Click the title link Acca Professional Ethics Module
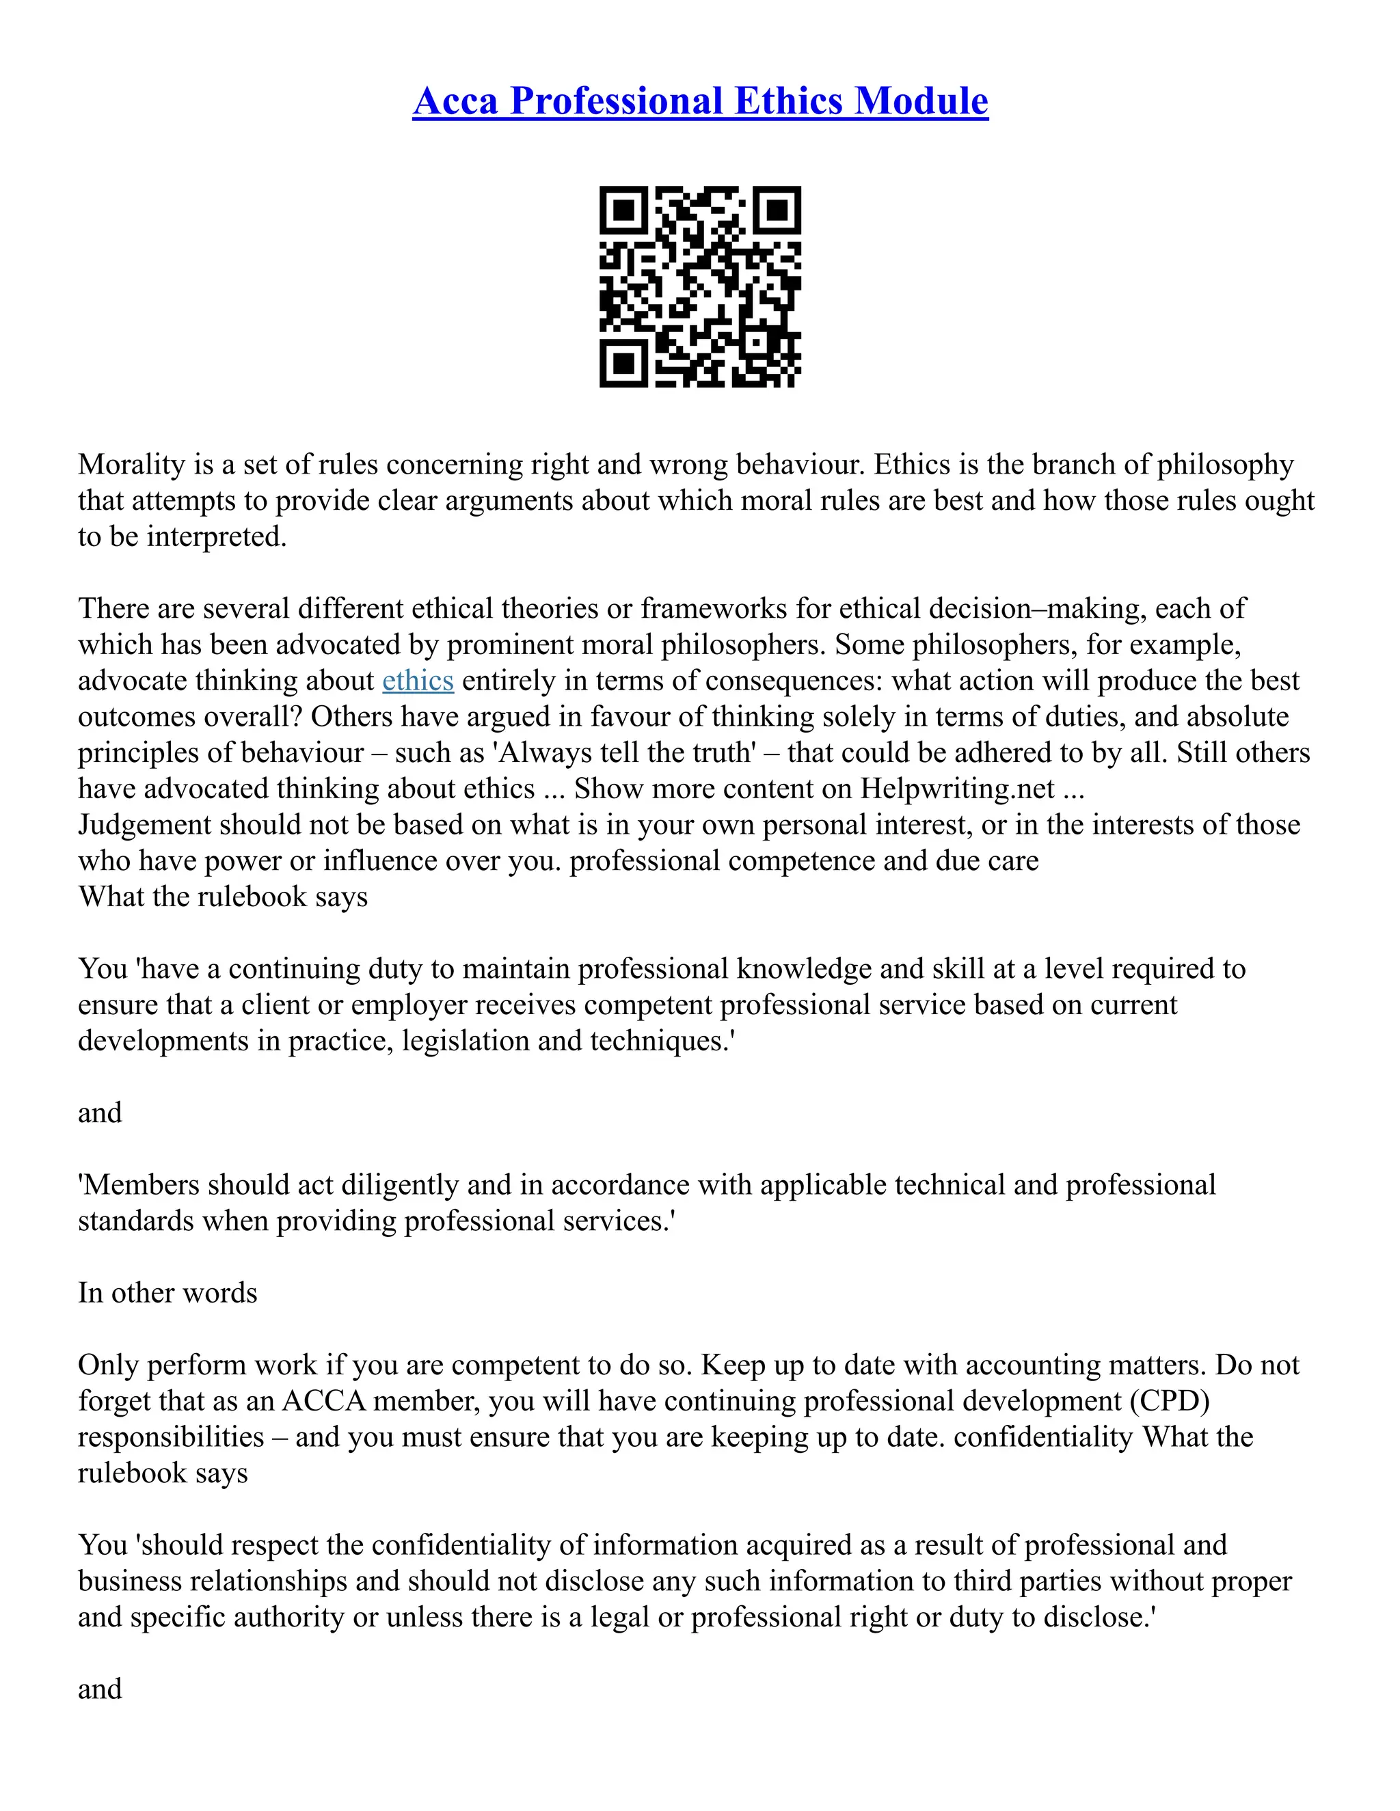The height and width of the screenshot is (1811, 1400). point(700,101)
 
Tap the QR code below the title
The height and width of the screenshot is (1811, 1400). point(700,287)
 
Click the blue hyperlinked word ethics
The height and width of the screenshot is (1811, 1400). point(418,681)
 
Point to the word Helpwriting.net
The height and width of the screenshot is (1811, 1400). point(957,789)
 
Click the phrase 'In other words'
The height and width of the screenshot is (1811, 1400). point(167,1293)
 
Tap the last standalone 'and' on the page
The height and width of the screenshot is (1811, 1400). point(100,1689)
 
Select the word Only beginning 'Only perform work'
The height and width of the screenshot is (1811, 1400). point(108,1365)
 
